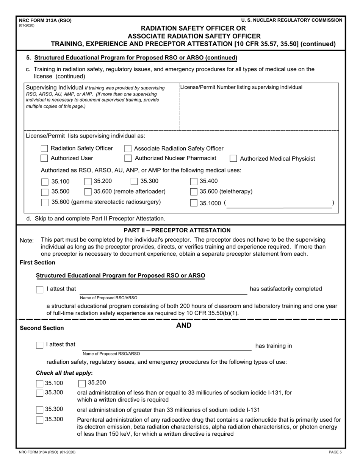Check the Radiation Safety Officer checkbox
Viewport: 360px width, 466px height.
[44, 148]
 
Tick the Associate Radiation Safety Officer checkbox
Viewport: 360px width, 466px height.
[128, 149]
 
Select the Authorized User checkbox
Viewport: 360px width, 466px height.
[44, 158]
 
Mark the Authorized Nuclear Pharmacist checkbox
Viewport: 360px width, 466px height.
[128, 158]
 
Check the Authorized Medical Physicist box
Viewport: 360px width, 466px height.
[234, 159]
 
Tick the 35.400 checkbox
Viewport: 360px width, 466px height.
[194, 181]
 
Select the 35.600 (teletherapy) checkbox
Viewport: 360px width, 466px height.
[194, 192]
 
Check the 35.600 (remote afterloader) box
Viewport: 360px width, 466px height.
[88, 192]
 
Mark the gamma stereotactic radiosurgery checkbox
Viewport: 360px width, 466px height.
[44, 202]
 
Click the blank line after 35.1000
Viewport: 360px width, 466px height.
[279, 203]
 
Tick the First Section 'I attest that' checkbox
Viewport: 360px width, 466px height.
[39, 289]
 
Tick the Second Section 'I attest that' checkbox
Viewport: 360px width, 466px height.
[39, 345]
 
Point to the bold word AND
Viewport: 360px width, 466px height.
[184, 325]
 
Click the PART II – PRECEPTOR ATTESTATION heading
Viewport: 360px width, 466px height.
[177, 230]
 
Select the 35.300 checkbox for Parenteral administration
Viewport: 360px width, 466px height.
[39, 420]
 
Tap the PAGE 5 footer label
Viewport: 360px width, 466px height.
[335, 452]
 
